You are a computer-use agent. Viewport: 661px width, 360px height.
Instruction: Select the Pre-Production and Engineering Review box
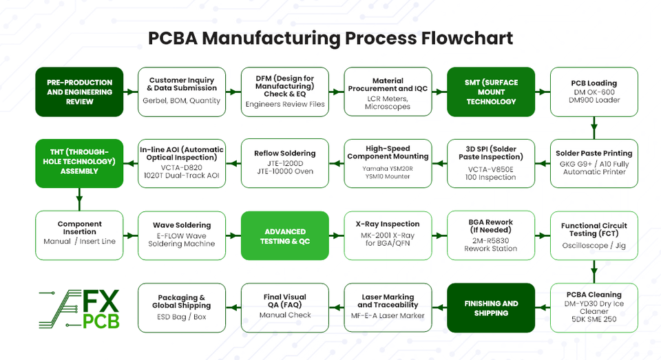[x=79, y=92]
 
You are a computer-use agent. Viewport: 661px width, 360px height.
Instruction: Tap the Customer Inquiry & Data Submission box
[x=182, y=92]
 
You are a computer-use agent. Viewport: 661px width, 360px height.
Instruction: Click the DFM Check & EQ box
[x=285, y=92]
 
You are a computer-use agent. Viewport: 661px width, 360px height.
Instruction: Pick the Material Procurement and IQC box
[x=388, y=92]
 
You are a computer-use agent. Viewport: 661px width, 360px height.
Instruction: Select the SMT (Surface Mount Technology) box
[x=491, y=92]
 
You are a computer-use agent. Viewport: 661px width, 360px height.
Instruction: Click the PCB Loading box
[x=594, y=92]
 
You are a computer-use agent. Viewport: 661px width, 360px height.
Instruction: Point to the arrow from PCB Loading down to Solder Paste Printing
[x=594, y=128]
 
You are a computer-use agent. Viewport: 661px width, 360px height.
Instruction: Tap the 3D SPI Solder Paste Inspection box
[x=491, y=164]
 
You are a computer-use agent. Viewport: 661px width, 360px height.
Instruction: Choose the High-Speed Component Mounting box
[x=388, y=164]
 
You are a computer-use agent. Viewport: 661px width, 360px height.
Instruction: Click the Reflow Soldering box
[x=285, y=164]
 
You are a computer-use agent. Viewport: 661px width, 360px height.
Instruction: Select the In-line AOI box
[x=182, y=164]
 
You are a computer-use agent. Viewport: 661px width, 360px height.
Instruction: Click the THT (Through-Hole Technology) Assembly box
[x=79, y=164]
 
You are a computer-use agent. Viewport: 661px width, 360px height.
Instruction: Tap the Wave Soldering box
[x=182, y=235]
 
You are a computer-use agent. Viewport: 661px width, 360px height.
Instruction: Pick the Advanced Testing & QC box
[x=285, y=235]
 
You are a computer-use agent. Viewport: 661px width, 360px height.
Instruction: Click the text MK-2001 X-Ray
[x=388, y=235]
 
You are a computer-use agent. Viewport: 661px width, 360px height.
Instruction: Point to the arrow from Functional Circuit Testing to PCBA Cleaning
[x=594, y=272]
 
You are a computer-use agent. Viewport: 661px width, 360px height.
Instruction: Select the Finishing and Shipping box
[x=491, y=308]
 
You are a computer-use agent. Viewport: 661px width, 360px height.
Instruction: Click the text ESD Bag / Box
[x=182, y=317]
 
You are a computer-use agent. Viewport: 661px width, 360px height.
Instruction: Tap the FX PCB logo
[x=79, y=309]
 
